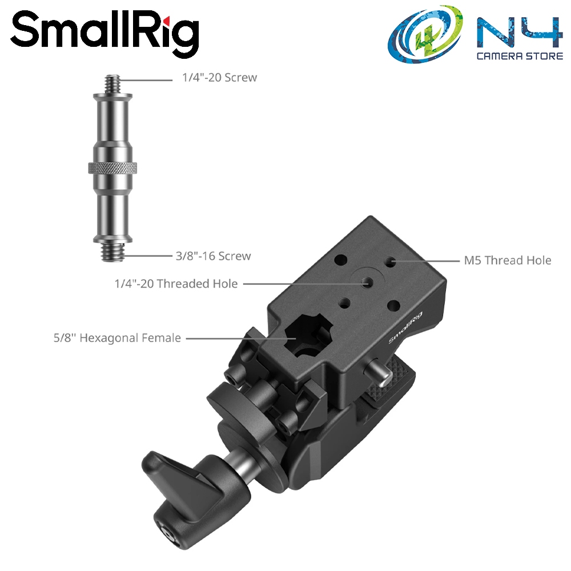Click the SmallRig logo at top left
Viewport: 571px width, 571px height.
coord(105,34)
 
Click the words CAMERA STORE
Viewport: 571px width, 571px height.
coord(520,56)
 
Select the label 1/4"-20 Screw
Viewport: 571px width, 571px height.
coord(220,78)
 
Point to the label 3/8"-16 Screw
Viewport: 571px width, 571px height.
coord(214,256)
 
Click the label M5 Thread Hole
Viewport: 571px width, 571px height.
coord(508,260)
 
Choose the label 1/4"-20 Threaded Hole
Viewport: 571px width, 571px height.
coord(176,284)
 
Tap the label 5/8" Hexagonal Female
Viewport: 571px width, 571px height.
coord(117,338)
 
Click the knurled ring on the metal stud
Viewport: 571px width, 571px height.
coord(112,168)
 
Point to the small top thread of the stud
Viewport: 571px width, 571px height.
coord(112,84)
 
